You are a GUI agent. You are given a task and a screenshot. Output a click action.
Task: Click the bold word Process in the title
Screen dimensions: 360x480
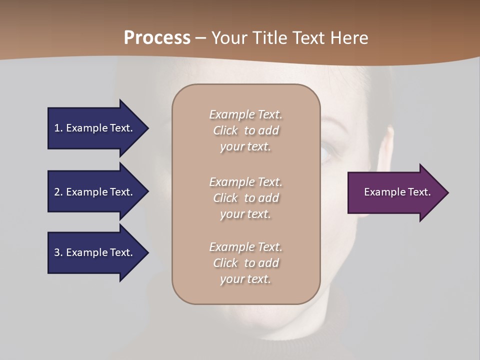[157, 38]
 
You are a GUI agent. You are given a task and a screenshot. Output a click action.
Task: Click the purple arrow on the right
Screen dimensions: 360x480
[395, 192]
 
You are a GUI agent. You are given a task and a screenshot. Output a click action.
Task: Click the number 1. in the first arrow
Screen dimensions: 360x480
[58, 128]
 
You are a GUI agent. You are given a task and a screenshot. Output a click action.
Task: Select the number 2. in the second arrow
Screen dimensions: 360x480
[58, 192]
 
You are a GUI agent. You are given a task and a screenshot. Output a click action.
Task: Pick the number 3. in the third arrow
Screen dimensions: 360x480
[58, 252]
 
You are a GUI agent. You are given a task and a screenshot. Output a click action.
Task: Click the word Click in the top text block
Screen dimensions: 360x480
[225, 130]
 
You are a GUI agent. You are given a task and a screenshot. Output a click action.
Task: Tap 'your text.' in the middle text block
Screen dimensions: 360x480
[245, 214]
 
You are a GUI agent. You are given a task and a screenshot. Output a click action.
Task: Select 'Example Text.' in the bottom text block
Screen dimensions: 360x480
[245, 247]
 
